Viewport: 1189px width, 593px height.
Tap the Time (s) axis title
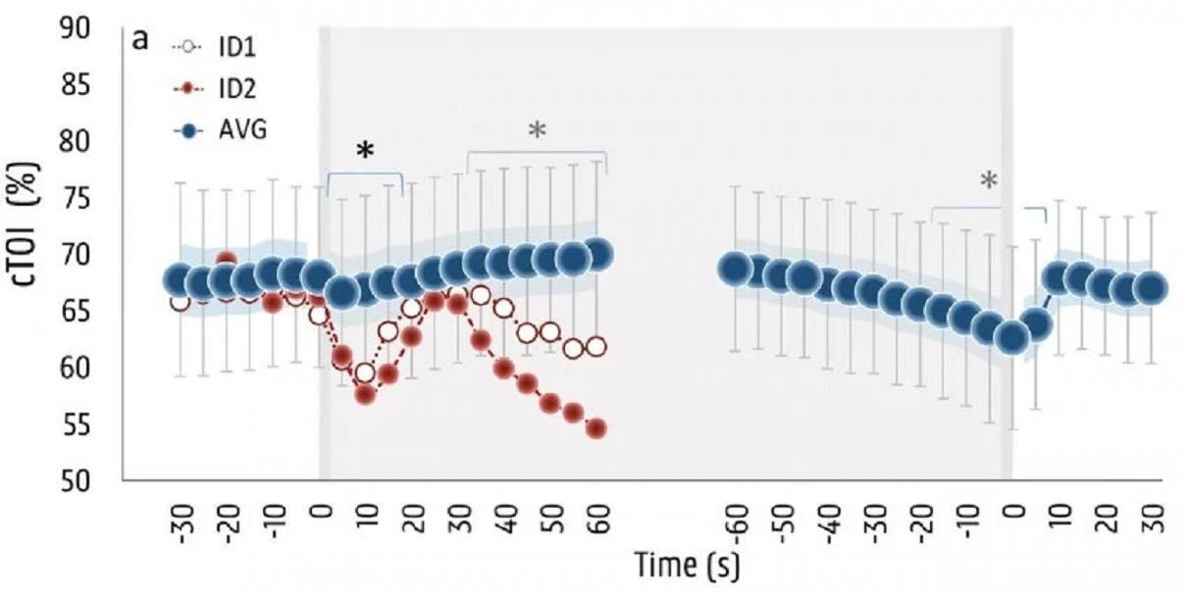pos(687,566)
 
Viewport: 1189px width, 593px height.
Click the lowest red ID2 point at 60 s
pos(595,428)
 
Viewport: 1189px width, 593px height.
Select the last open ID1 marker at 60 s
pos(595,347)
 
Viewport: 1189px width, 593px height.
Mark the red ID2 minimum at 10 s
pos(365,395)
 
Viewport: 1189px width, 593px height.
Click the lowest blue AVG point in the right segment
pos(1010,336)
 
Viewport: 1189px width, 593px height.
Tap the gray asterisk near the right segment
pos(989,180)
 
